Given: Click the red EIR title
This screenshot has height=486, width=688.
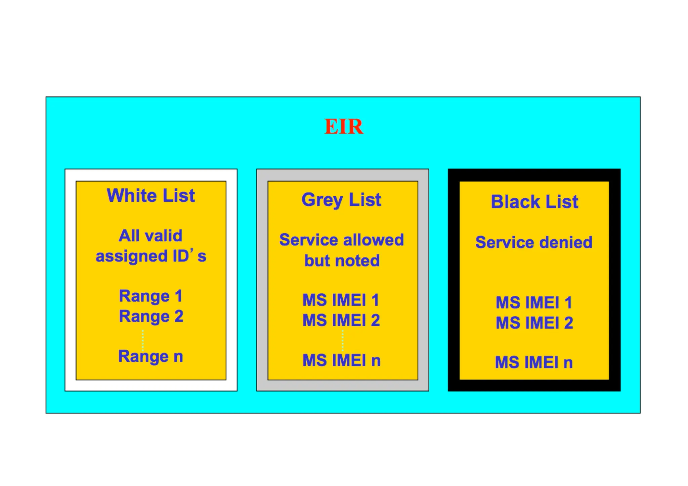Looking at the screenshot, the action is pyautogui.click(x=344, y=127).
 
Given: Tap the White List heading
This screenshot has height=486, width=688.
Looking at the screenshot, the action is pyautogui.click(x=151, y=195).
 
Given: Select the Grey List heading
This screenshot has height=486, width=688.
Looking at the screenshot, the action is pyautogui.click(x=341, y=200).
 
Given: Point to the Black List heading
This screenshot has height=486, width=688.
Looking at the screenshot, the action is pyautogui.click(x=534, y=202).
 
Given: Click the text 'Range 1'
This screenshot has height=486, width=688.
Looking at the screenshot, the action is pyautogui.click(x=150, y=296).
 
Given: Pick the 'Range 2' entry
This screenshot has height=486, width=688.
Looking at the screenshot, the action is pyautogui.click(x=151, y=316).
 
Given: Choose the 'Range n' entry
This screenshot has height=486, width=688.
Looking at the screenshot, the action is pyautogui.click(x=150, y=356).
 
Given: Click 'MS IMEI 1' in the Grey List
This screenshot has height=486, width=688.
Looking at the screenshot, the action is pyautogui.click(x=341, y=300).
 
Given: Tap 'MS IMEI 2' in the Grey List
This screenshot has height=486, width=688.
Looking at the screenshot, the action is pyautogui.click(x=341, y=320).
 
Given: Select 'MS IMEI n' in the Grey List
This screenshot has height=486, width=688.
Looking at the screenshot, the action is pyautogui.click(x=341, y=360).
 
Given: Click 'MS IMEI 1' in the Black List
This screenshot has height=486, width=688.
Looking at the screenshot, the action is pyautogui.click(x=534, y=302).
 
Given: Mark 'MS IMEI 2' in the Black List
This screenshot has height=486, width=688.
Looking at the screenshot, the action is pyautogui.click(x=534, y=323).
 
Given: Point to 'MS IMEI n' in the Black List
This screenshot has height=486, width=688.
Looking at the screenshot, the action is pyautogui.click(x=534, y=362).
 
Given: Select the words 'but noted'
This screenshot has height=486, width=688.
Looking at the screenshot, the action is pyautogui.click(x=342, y=261).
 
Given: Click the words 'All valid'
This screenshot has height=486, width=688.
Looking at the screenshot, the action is pyautogui.click(x=150, y=236).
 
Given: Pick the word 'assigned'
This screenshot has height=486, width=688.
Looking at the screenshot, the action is pyautogui.click(x=132, y=256).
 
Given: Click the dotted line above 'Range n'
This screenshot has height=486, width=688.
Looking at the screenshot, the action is pyautogui.click(x=143, y=340).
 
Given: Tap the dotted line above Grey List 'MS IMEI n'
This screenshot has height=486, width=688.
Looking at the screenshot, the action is pyautogui.click(x=343, y=340).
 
